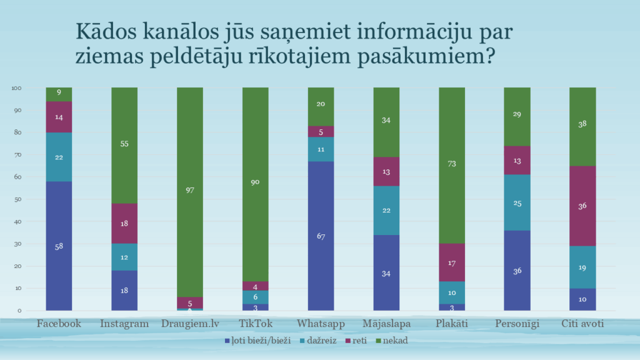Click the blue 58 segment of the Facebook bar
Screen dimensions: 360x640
(59, 246)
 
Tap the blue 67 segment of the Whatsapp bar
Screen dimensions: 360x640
(321, 236)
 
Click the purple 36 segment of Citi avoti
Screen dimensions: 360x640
(582, 206)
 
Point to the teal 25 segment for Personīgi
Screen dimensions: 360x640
(517, 202)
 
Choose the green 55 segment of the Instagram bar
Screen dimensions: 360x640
(124, 144)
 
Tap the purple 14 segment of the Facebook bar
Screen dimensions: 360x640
(59, 117)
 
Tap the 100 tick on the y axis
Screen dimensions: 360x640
(17, 88)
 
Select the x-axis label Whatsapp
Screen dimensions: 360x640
(321, 324)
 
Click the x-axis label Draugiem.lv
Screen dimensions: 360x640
(189, 324)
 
